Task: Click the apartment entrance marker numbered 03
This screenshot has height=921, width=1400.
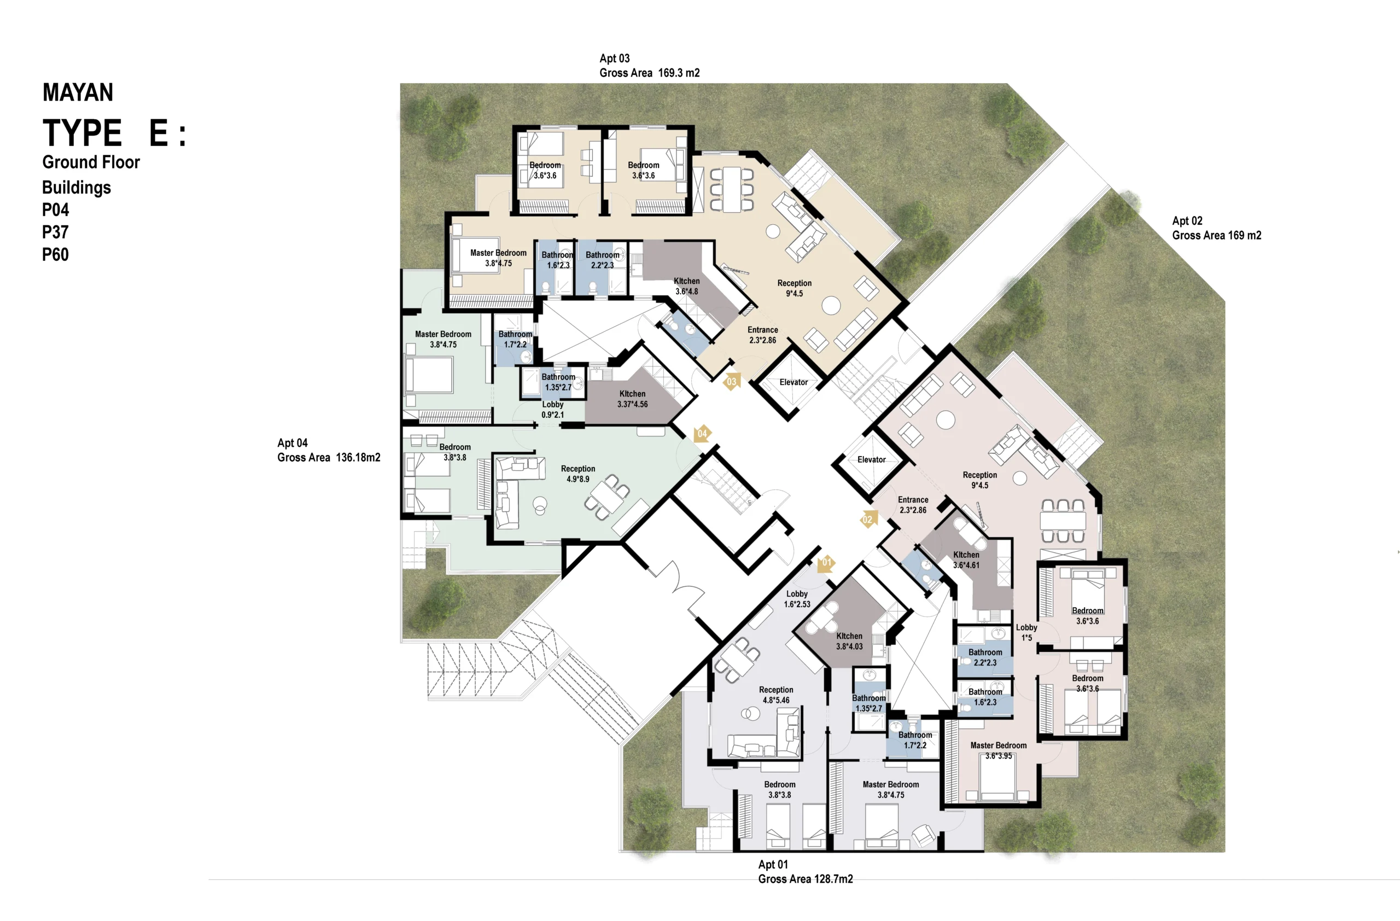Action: tap(732, 382)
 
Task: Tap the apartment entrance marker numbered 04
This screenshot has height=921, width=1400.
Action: tap(702, 434)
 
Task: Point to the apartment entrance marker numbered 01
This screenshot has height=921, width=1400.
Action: tap(826, 563)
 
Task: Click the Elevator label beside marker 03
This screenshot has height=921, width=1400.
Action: tap(794, 382)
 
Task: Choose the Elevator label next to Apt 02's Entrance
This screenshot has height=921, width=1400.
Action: tap(871, 460)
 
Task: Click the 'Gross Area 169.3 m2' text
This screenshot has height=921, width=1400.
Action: tap(649, 73)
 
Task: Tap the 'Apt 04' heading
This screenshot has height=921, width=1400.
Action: tap(293, 443)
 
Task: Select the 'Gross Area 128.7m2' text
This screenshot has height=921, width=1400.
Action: tap(806, 879)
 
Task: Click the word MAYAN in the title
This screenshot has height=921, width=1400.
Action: tap(78, 92)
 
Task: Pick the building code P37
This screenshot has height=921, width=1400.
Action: tap(55, 232)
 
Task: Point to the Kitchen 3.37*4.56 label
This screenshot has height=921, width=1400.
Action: tap(632, 399)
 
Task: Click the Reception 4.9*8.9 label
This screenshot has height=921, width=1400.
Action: tap(577, 474)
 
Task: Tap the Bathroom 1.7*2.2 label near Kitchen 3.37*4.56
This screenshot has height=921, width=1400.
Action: tap(515, 339)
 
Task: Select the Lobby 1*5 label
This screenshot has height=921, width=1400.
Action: tap(1026, 633)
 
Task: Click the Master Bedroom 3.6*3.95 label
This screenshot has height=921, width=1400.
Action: tap(998, 750)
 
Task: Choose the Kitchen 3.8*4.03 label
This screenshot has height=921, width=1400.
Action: tap(849, 641)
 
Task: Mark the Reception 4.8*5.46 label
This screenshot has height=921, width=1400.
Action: tap(776, 695)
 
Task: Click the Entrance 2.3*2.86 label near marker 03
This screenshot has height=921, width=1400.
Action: tap(762, 335)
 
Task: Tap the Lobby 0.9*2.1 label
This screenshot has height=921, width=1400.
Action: tap(552, 409)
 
